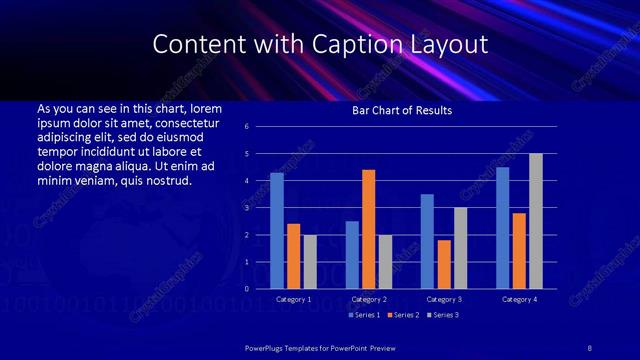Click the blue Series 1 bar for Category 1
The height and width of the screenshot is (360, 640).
pyautogui.click(x=277, y=231)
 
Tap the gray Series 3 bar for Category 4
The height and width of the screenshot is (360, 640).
pyautogui.click(x=536, y=221)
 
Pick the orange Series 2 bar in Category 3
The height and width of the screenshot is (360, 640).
pyautogui.click(x=444, y=264)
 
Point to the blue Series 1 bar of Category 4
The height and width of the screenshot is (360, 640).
pyautogui.click(x=502, y=228)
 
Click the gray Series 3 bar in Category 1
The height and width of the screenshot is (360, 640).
pyautogui.click(x=310, y=262)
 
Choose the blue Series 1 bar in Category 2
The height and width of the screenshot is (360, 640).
pyautogui.click(x=352, y=255)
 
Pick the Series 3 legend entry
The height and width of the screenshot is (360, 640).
pyautogui.click(x=444, y=315)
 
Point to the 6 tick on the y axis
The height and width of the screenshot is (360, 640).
pyautogui.click(x=247, y=127)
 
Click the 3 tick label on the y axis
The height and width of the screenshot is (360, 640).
pyautogui.click(x=247, y=208)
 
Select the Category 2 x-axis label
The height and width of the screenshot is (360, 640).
pyautogui.click(x=369, y=299)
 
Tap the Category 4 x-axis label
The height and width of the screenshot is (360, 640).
pyautogui.click(x=519, y=299)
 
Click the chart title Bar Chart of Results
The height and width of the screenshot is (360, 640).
pyautogui.click(x=402, y=110)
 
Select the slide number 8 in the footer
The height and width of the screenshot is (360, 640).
pyautogui.click(x=589, y=346)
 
